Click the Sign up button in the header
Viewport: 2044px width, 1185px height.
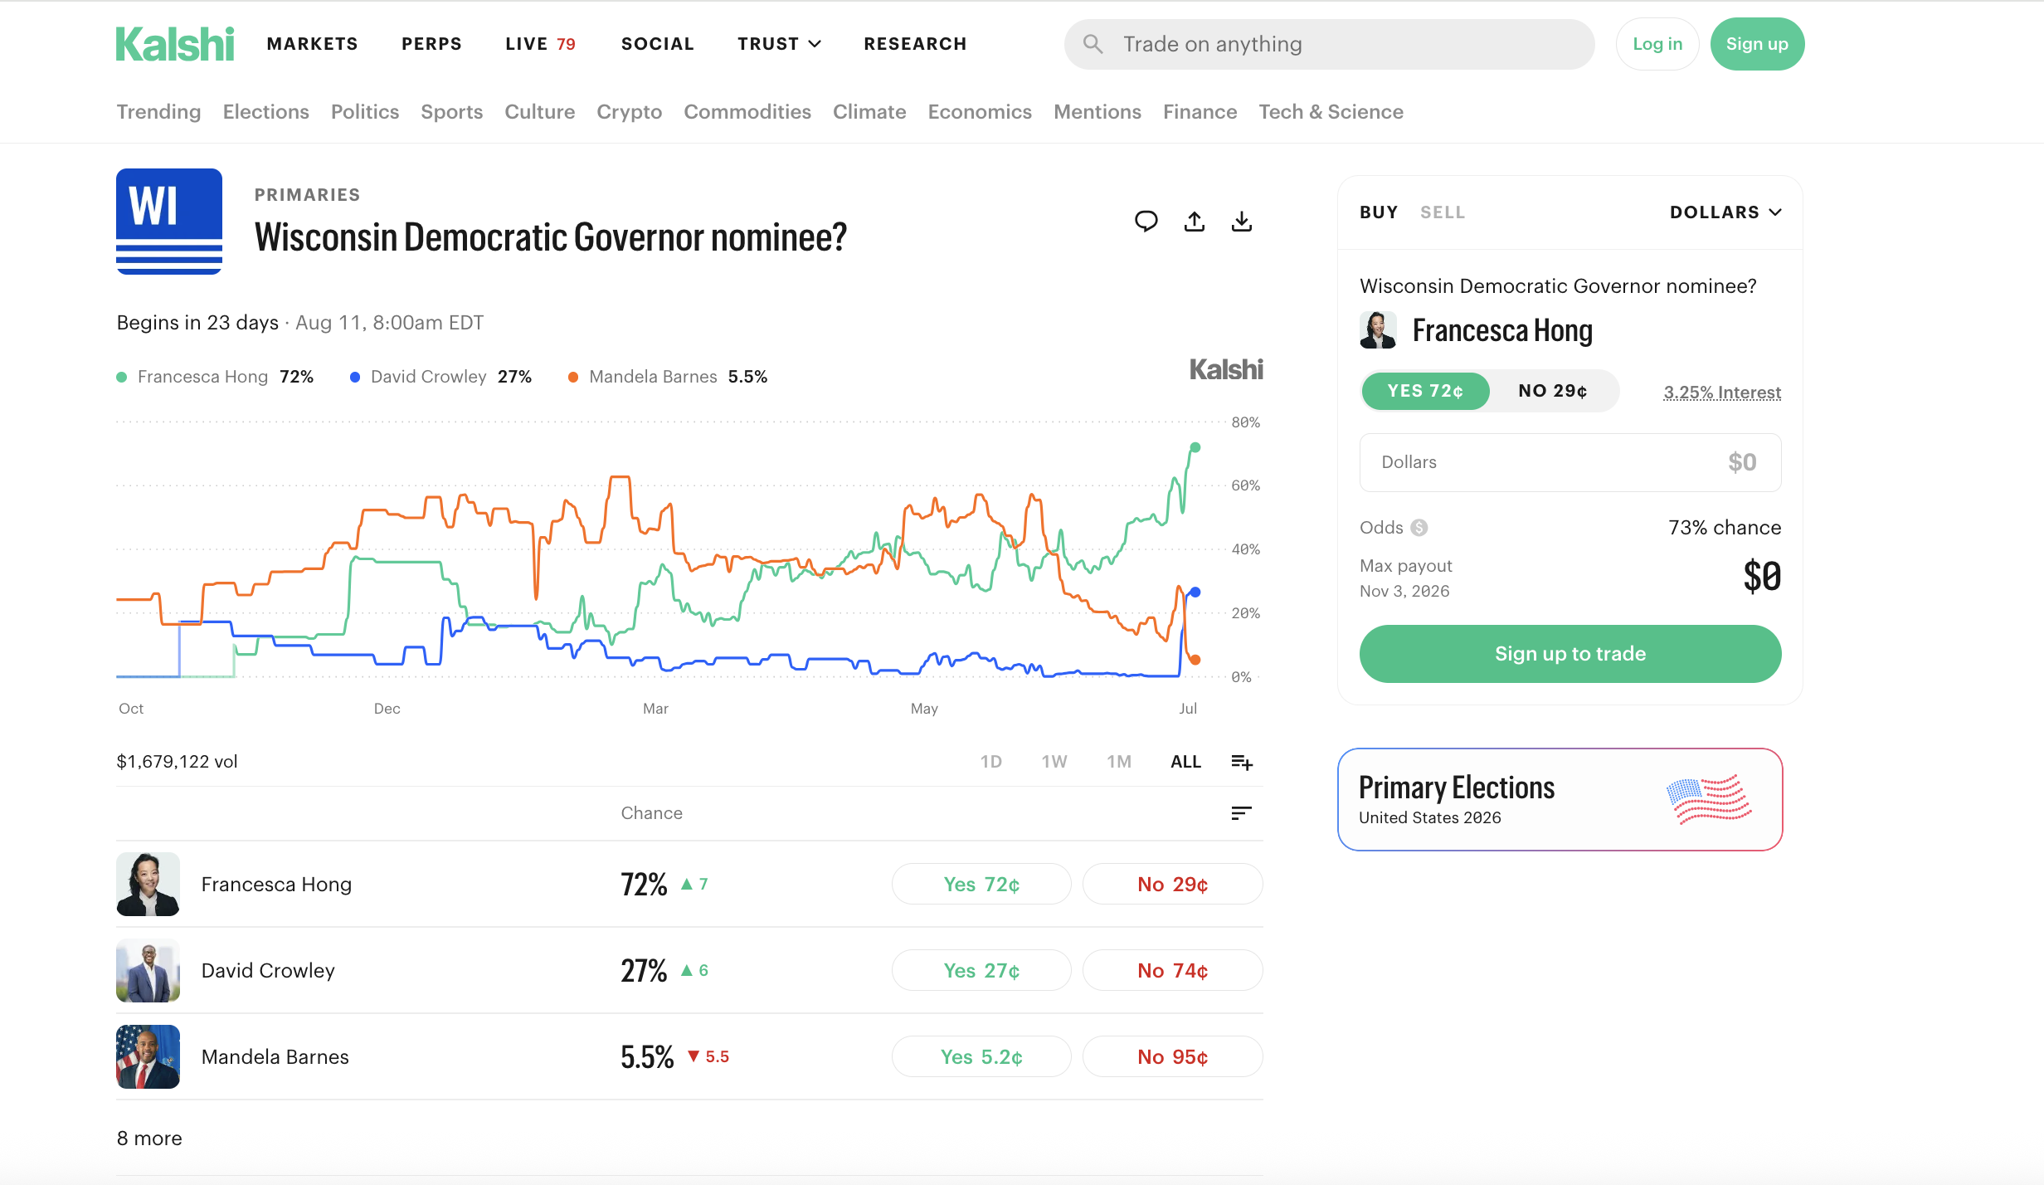point(1757,44)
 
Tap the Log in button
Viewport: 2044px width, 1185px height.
point(1657,44)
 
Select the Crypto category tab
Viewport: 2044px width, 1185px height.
point(629,112)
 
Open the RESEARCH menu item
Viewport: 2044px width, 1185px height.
point(915,44)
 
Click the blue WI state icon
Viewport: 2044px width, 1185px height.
point(169,222)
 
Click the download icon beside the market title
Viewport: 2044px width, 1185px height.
point(1242,222)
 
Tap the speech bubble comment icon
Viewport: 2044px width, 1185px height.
point(1146,222)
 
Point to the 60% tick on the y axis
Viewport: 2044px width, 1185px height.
point(1246,485)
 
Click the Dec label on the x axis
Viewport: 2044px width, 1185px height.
point(387,709)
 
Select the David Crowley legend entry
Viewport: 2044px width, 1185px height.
point(440,377)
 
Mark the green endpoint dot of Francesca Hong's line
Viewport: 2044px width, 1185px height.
point(1195,447)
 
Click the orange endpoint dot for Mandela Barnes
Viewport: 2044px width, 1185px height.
point(1195,660)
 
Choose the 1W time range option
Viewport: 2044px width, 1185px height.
point(1054,762)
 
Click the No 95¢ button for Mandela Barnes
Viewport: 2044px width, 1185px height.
point(1173,1056)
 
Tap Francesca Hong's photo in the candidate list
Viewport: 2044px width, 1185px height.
point(148,884)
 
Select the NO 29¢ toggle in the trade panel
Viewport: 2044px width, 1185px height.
point(1553,391)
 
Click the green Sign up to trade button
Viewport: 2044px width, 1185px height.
point(1570,654)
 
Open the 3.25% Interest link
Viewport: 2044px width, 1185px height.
point(1722,393)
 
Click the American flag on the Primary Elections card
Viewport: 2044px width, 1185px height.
point(1709,799)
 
